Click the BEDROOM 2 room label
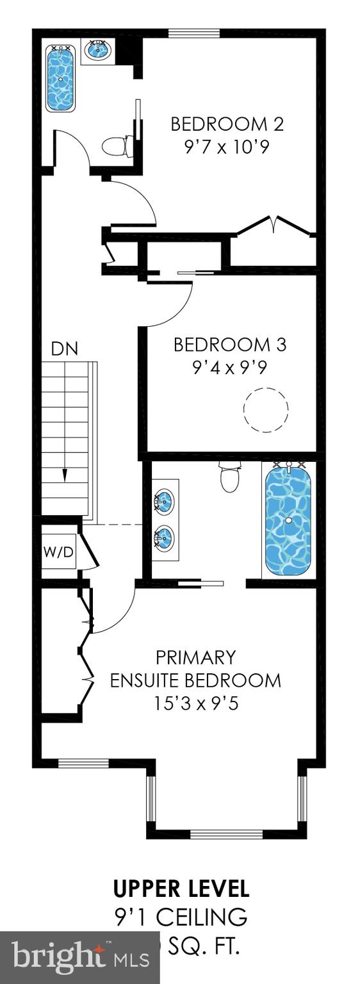click(x=227, y=124)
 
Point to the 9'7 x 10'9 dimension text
click(x=226, y=147)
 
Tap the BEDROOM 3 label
click(x=230, y=345)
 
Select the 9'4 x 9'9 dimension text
click(x=230, y=369)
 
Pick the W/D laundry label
click(x=58, y=552)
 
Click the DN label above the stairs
click(x=65, y=349)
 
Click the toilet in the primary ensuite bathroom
click(x=229, y=477)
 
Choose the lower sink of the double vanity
click(x=164, y=538)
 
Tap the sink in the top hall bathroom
click(x=98, y=50)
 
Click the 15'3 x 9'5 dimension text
click(x=195, y=703)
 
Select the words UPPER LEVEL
click(x=181, y=889)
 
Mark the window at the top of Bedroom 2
click(x=194, y=33)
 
